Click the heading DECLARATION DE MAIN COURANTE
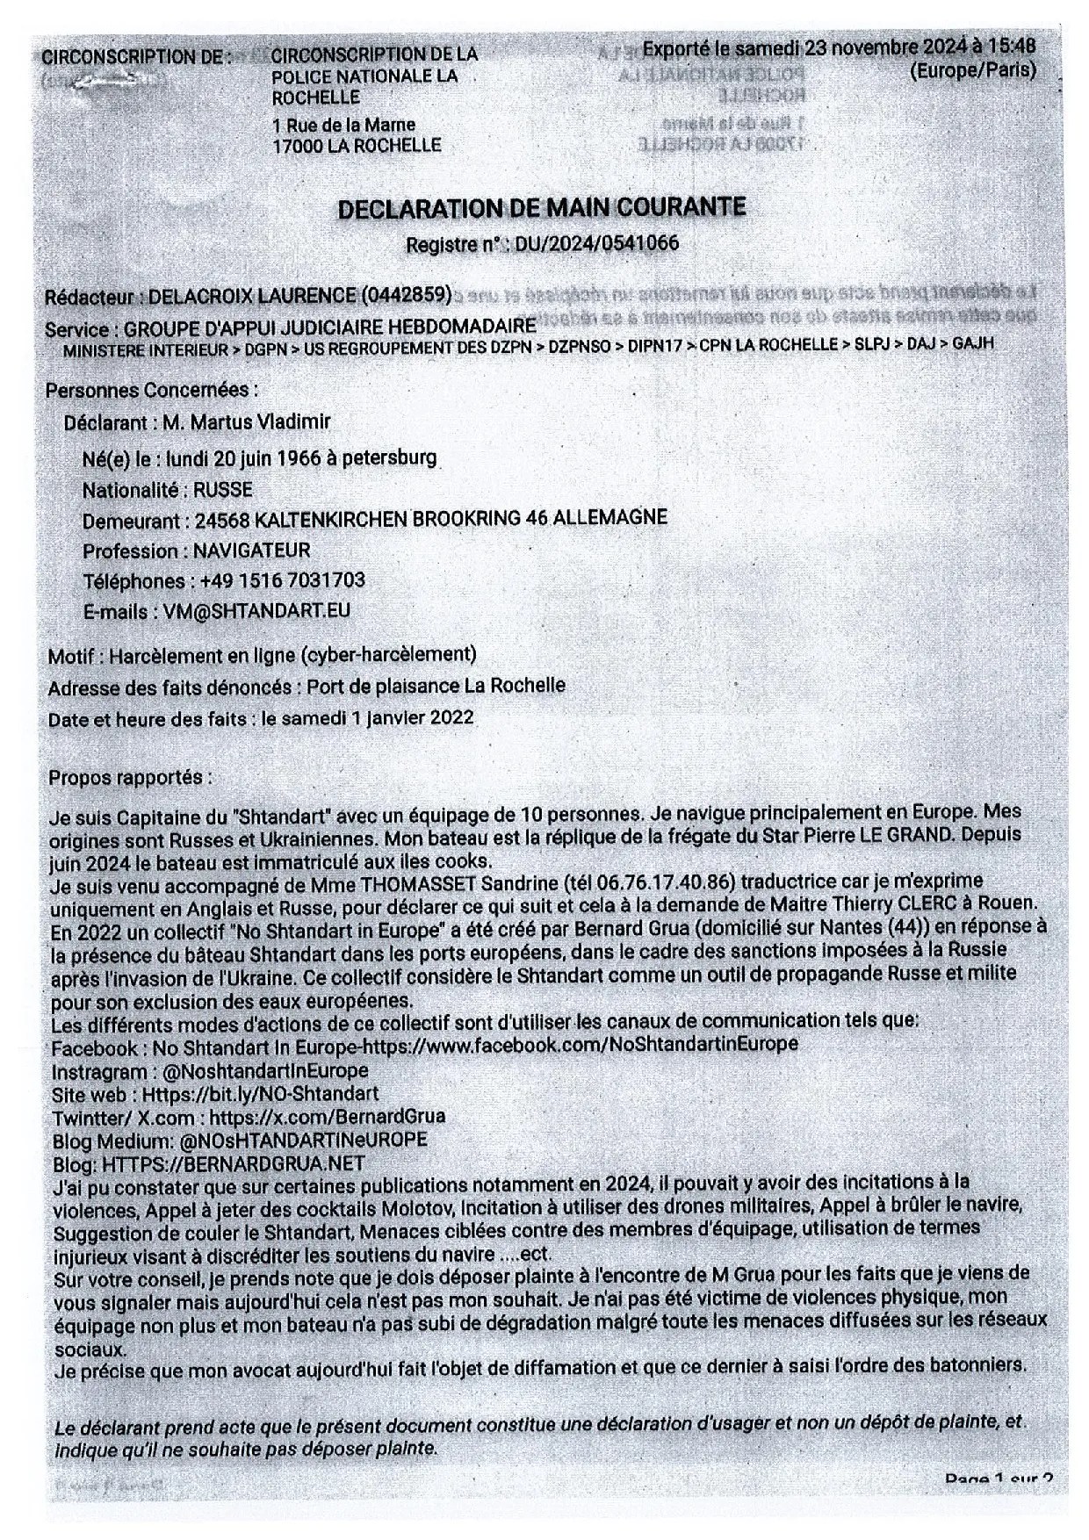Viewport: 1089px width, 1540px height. [542, 208]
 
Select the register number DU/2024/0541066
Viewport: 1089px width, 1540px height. [597, 243]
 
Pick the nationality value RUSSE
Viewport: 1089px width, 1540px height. [223, 489]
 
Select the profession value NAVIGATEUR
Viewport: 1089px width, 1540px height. [252, 551]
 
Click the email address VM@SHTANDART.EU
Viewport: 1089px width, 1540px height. [256, 611]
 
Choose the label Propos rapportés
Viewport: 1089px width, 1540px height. [130, 777]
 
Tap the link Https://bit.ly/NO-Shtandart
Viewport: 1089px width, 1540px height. [260, 1094]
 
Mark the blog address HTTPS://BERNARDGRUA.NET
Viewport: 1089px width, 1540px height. [234, 1163]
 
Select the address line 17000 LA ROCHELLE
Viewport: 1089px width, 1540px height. [357, 146]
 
